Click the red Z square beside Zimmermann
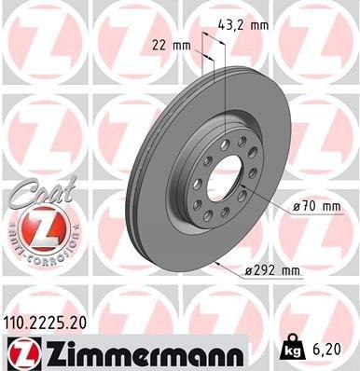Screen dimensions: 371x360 pyautogui.click(x=21, y=351)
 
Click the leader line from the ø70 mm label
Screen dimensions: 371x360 pyautogui.click(x=265, y=200)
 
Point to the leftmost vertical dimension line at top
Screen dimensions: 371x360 pyautogui.click(x=202, y=70)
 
